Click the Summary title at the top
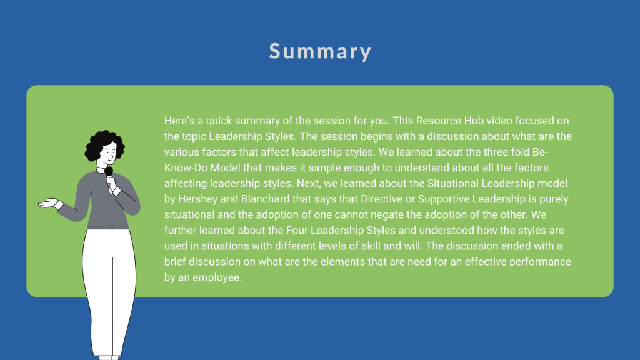click(x=320, y=51)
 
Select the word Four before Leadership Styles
click(x=297, y=231)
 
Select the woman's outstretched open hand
click(x=48, y=203)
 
